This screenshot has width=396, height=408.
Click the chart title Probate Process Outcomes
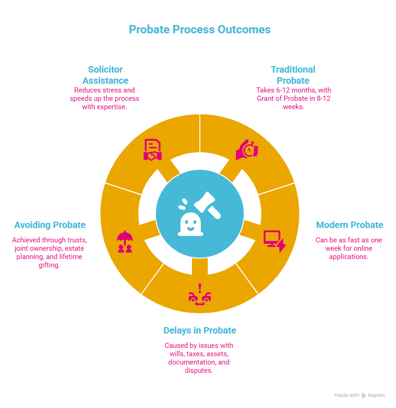(199, 30)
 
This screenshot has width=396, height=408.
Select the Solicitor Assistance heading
(105, 75)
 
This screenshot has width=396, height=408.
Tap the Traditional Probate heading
(293, 75)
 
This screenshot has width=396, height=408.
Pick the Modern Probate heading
(349, 225)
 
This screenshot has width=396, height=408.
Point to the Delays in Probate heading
(199, 331)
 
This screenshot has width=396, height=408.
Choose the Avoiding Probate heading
(50, 225)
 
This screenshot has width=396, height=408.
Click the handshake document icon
(152, 150)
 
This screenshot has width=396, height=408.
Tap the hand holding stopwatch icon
(247, 150)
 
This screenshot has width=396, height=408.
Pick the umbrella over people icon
(125, 241)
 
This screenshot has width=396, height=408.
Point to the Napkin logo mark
(365, 396)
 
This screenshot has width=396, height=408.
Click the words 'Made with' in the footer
(346, 396)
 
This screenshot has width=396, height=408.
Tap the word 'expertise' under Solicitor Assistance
(115, 107)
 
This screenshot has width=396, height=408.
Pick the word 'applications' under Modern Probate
(349, 257)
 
